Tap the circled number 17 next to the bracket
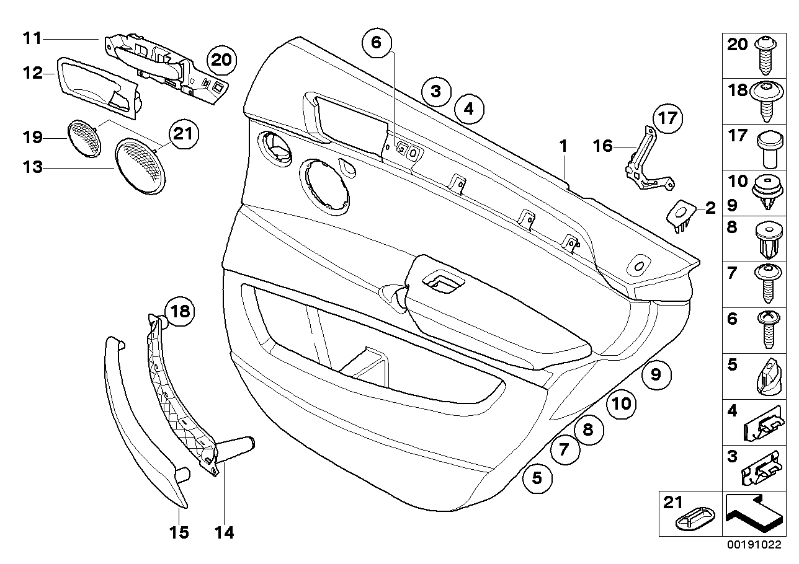pyautogui.click(x=666, y=118)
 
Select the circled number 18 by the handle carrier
pyautogui.click(x=179, y=311)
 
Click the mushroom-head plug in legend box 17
pyautogui.click(x=767, y=149)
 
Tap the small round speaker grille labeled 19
pyautogui.click(x=84, y=138)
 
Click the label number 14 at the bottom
pyautogui.click(x=225, y=532)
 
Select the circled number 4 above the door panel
pyautogui.click(x=468, y=109)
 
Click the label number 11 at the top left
pyautogui.click(x=32, y=38)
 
